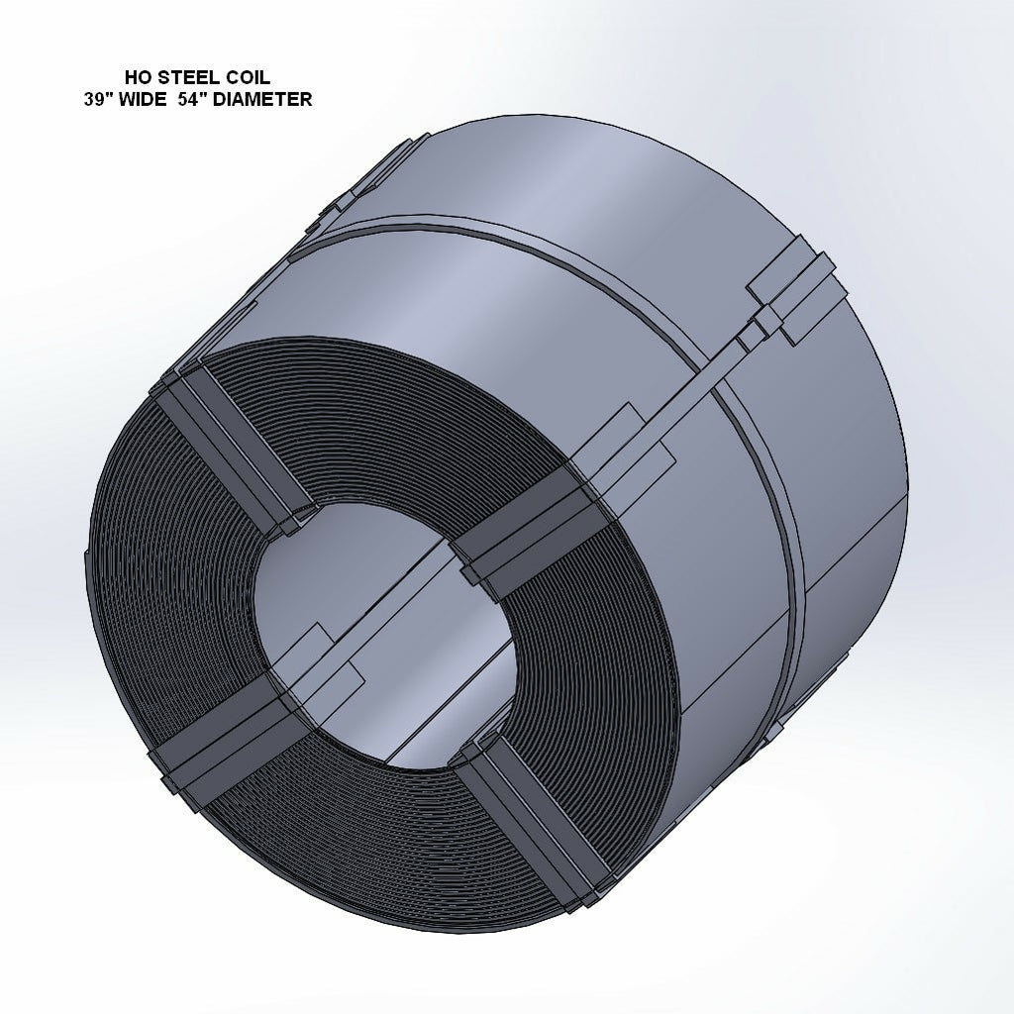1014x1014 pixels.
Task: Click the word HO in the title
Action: tap(138, 77)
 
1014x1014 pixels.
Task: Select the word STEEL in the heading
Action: tap(185, 77)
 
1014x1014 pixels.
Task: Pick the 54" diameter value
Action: tap(208, 99)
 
